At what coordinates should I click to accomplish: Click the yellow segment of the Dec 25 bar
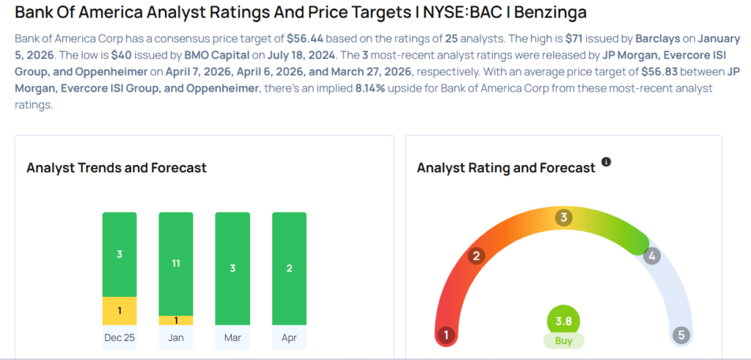click(x=120, y=310)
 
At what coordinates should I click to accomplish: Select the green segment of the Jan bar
click(x=176, y=263)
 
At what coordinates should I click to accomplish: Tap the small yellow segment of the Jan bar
click(x=176, y=320)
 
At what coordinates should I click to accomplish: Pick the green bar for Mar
click(x=232, y=268)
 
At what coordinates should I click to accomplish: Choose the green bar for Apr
click(x=289, y=268)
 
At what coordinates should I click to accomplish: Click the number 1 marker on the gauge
click(x=445, y=335)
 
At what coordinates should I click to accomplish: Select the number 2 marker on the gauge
click(x=476, y=256)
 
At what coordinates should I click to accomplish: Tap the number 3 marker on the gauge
click(x=563, y=217)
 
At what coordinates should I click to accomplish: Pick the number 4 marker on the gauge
click(x=651, y=256)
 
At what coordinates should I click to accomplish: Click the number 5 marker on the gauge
click(x=681, y=335)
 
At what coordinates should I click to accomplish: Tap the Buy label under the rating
click(x=563, y=341)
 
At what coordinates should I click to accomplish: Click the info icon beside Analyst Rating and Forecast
click(x=606, y=162)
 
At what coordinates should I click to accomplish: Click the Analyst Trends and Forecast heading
click(x=117, y=168)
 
